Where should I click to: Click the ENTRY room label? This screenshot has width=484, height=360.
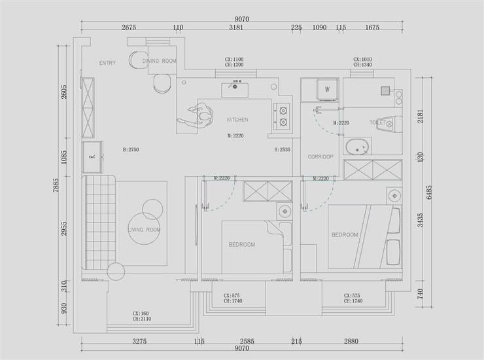107,63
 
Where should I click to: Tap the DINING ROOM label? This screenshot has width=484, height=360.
160,61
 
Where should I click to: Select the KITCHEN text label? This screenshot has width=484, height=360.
237,120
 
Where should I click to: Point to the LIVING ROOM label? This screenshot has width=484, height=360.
144,230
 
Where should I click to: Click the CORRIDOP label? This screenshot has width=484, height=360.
320,157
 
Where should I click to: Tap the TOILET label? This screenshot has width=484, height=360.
377,122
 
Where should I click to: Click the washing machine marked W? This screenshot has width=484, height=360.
327,89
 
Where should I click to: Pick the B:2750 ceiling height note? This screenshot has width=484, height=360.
131,150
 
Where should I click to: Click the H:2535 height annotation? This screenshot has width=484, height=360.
282,150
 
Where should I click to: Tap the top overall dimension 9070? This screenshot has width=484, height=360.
241,19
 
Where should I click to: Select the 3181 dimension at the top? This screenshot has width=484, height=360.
236,27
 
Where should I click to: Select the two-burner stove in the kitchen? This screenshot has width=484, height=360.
283,115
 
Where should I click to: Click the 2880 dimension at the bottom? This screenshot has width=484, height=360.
352,342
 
